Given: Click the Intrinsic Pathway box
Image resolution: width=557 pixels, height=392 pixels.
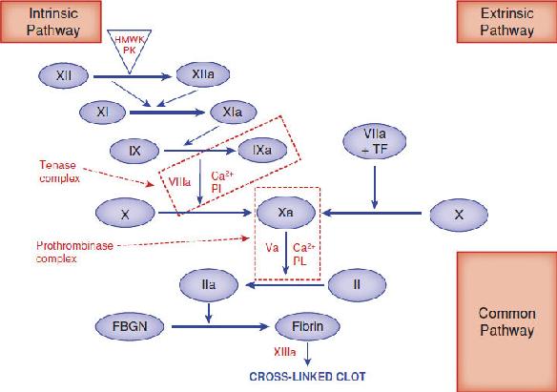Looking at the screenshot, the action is pyautogui.click(x=51, y=21).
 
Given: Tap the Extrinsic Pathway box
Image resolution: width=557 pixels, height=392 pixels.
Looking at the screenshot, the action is pyautogui.click(x=506, y=21).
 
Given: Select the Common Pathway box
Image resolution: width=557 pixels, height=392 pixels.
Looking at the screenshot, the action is pyautogui.click(x=506, y=322).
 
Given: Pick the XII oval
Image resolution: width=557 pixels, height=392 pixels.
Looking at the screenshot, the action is pyautogui.click(x=63, y=75).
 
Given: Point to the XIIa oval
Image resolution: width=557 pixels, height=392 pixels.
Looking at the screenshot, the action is pyautogui.click(x=203, y=74).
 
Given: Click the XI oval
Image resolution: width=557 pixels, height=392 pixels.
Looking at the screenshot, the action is pyautogui.click(x=102, y=113).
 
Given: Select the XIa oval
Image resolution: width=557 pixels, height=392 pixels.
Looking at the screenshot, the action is pyautogui.click(x=233, y=113).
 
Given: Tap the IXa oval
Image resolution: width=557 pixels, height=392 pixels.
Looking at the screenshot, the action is pyautogui.click(x=262, y=150).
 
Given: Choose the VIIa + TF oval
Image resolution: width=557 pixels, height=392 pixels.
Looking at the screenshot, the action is pyautogui.click(x=375, y=141).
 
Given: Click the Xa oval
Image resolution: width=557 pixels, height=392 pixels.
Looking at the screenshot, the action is pyautogui.click(x=285, y=213).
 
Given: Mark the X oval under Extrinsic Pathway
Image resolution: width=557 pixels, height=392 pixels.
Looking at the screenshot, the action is pyautogui.click(x=459, y=215).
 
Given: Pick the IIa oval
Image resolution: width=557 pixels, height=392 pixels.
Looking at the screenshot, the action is pyautogui.click(x=209, y=285).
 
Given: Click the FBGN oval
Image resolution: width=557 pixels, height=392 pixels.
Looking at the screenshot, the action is pyautogui.click(x=130, y=326).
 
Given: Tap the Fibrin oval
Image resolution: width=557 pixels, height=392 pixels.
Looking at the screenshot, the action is pyautogui.click(x=308, y=326).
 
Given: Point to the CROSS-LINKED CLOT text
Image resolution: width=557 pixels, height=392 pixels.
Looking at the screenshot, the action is pyautogui.click(x=307, y=377).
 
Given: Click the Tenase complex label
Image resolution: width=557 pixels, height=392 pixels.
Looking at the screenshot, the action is pyautogui.click(x=59, y=171).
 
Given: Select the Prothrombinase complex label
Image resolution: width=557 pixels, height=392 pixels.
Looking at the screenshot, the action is pyautogui.click(x=74, y=252).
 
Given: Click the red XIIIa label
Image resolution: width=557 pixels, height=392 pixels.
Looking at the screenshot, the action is pyautogui.click(x=284, y=352).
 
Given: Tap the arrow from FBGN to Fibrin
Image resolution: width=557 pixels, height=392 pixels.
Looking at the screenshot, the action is pyautogui.click(x=219, y=326).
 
